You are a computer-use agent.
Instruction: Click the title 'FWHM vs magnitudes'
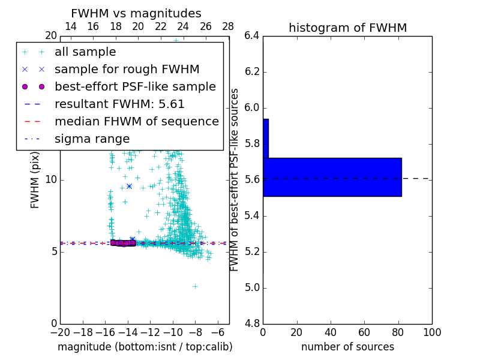tap(136, 14)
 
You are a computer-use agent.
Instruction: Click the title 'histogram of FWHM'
tap(347, 28)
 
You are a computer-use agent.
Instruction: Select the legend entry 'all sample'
tap(85, 52)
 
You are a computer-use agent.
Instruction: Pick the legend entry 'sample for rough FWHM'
tap(127, 69)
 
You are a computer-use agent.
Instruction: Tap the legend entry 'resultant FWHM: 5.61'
tap(119, 104)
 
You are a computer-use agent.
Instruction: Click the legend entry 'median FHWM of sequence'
tap(136, 121)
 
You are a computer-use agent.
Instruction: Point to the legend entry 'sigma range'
tap(92, 139)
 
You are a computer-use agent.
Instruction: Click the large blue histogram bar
tap(332, 177)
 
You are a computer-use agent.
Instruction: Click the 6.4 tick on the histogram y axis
tap(251, 36)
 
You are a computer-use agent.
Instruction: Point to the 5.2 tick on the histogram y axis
tap(251, 252)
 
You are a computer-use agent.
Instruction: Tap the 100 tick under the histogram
tap(431, 332)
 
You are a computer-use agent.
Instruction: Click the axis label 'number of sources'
tap(347, 347)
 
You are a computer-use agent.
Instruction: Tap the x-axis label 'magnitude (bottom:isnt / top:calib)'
tap(145, 347)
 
